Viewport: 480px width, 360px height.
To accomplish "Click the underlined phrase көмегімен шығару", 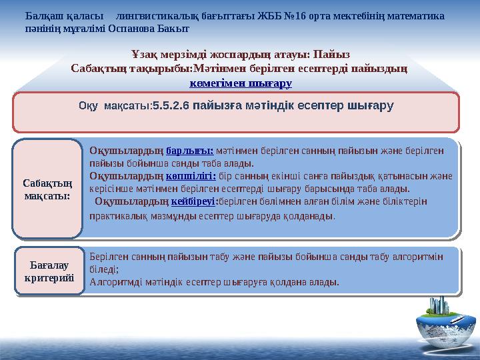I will [240, 83].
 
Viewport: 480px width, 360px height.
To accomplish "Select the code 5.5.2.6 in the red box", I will [171, 105].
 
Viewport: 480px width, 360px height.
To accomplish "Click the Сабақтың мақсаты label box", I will [48, 189].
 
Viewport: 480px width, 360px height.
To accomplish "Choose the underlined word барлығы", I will [189, 151].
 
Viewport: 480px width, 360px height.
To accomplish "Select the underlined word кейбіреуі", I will [194, 202].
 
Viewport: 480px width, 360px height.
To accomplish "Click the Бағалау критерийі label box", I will [48, 271].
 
